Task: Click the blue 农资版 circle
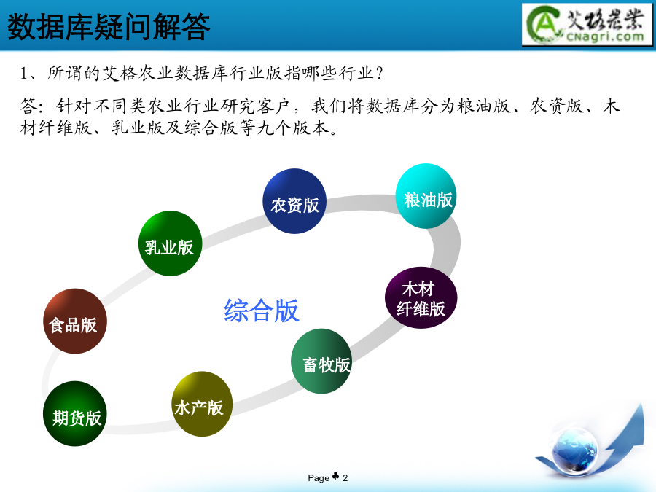pos(295,201)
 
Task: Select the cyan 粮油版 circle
pos(426,196)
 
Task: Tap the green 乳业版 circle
pos(171,243)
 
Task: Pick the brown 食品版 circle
pos(75,321)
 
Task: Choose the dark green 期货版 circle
pos(75,413)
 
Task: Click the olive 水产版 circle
pos(202,404)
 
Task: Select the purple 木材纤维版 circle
pos(421,297)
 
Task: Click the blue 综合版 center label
pos(262,311)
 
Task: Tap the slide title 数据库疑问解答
pos(109,26)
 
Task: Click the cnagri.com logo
pos(587,24)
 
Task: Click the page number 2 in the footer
pos(345,477)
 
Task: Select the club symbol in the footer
pos(335,476)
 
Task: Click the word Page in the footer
pos(319,477)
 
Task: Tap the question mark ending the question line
pos(380,74)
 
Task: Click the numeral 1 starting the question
pos(24,74)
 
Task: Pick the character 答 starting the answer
pos(28,106)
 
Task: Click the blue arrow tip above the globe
pos(641,404)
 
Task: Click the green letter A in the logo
pos(543,24)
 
